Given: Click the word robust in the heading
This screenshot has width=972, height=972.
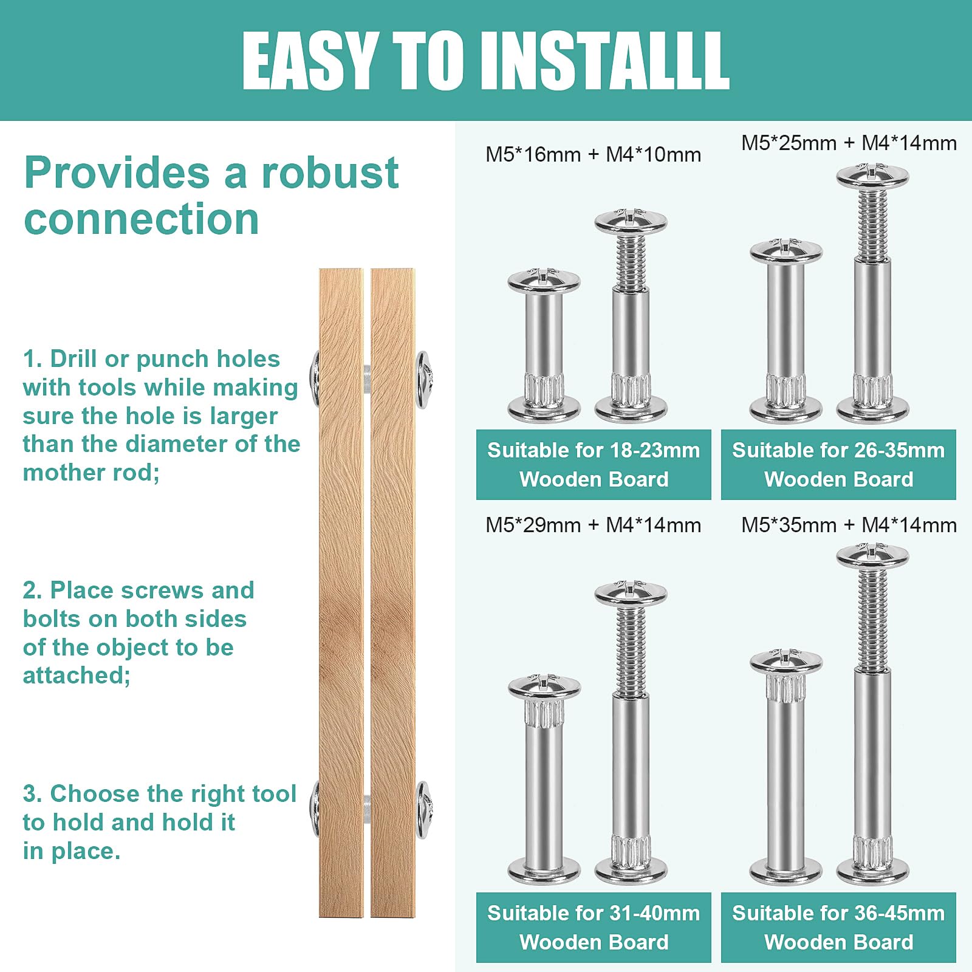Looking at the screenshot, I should click(330, 173).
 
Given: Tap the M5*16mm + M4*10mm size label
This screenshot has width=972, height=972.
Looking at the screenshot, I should click(593, 155).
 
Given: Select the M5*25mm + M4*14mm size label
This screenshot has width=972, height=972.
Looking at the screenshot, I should click(849, 143).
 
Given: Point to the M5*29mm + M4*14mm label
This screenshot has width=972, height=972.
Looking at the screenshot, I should click(593, 525).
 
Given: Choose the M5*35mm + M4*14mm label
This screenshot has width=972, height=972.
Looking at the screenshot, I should click(849, 525).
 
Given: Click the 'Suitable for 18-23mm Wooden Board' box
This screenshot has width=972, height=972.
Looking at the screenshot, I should click(593, 465).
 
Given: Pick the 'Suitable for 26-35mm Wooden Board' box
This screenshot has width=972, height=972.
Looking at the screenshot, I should click(838, 465).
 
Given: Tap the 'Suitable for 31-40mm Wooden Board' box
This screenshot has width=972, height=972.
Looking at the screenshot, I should click(593, 928).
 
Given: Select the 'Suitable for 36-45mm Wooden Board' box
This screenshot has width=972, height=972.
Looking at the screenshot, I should click(838, 928).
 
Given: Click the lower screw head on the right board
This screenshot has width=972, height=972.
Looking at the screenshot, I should click(423, 810).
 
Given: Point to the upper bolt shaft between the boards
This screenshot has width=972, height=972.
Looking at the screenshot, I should click(367, 379).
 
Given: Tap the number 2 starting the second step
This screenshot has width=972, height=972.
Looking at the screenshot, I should click(30, 590).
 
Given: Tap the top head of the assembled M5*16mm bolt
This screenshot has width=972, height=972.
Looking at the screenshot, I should click(544, 280).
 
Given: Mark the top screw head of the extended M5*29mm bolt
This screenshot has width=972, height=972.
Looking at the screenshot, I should click(631, 593).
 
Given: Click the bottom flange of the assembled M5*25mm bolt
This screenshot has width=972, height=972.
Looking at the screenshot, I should click(785, 411).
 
